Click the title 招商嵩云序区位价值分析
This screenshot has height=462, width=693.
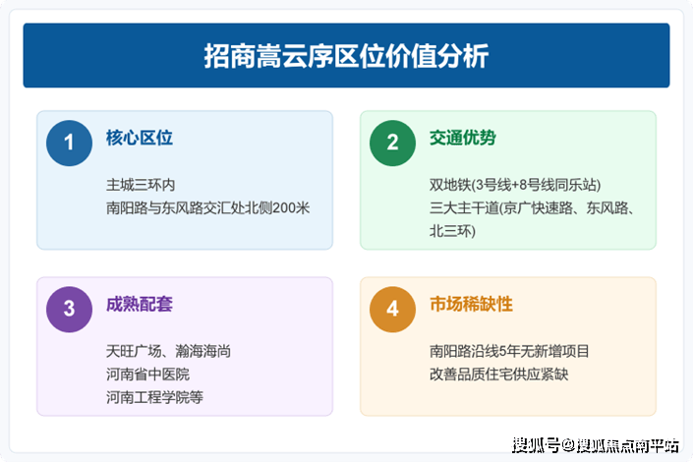(346, 56)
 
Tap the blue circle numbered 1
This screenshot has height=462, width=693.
(69, 144)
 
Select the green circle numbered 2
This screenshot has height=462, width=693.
(392, 144)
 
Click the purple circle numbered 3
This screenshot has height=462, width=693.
(69, 310)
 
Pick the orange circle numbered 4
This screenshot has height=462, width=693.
(392, 310)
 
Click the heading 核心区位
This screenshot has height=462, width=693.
(140, 138)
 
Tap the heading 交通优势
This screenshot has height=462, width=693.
(463, 138)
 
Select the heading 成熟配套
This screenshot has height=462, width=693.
(140, 304)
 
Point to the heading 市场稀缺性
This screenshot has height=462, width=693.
(471, 304)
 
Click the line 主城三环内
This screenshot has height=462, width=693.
(141, 185)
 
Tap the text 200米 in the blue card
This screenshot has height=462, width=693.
(291, 207)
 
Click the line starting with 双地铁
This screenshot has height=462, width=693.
(515, 185)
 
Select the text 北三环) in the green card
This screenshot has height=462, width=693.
(452, 231)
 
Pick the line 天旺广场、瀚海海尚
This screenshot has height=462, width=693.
(168, 351)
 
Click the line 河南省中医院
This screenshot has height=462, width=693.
(147, 374)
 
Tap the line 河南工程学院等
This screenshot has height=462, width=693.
(154, 397)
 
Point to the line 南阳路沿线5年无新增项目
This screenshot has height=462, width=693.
(509, 351)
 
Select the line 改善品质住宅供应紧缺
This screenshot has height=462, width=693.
(499, 374)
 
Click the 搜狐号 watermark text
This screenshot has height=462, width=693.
(536, 445)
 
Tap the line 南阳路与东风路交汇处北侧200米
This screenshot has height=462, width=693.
(207, 207)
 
